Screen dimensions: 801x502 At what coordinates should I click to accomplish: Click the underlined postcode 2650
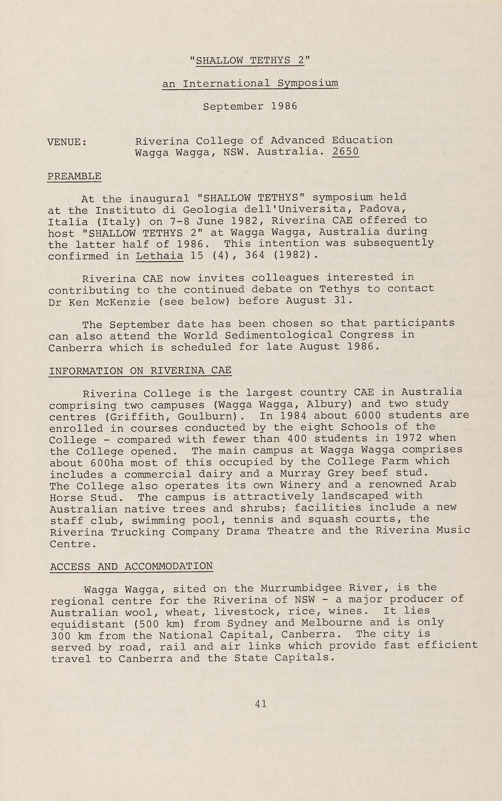(345, 152)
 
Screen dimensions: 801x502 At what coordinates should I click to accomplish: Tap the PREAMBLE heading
(74, 176)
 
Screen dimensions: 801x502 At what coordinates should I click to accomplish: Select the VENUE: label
(67, 142)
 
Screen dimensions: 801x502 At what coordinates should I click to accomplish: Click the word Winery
(300, 485)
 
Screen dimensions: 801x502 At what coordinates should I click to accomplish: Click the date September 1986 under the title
(250, 107)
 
